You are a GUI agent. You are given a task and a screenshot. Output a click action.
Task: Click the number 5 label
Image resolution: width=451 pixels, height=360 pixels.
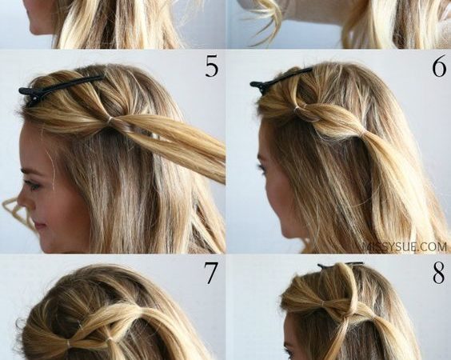click(x=211, y=66)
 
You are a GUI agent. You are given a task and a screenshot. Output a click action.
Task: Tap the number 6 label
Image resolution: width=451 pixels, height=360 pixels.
click(x=439, y=66)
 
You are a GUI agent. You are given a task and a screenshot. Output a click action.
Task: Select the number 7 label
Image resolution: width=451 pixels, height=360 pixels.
click(x=211, y=273)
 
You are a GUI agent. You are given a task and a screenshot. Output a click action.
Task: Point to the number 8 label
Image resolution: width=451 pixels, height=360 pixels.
click(x=439, y=273)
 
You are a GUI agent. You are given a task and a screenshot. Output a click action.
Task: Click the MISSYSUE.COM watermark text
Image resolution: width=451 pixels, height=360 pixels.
click(x=404, y=247)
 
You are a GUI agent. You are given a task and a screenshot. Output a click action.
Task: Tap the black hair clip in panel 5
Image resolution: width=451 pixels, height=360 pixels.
click(x=61, y=88)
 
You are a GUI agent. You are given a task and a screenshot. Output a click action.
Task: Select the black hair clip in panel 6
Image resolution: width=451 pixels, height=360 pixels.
click(x=281, y=78)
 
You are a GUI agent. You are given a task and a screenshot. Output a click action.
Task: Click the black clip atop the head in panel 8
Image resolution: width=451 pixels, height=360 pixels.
click(x=341, y=265)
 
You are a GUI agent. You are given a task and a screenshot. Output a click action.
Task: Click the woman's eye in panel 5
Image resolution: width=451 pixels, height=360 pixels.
click(x=32, y=184)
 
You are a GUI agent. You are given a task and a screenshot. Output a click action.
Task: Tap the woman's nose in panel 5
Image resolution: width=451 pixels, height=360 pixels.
click(x=25, y=202)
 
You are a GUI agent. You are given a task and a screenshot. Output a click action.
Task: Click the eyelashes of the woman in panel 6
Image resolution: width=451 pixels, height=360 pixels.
click(x=262, y=167)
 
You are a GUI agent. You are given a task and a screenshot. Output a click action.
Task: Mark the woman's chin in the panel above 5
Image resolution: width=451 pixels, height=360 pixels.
click(x=40, y=29)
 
